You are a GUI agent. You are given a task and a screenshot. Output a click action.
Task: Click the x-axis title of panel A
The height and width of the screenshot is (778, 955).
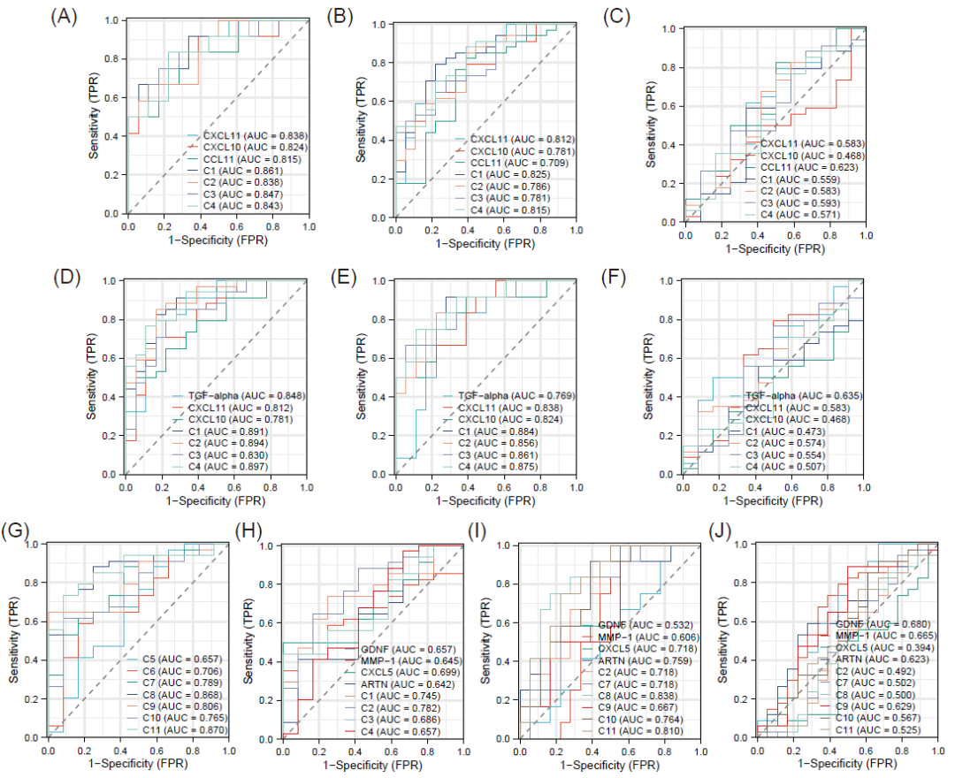[218, 241]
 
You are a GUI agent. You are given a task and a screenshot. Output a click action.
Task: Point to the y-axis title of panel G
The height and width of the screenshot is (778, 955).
[15, 641]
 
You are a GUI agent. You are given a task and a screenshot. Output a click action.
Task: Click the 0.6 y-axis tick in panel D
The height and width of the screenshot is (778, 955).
[109, 358]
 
